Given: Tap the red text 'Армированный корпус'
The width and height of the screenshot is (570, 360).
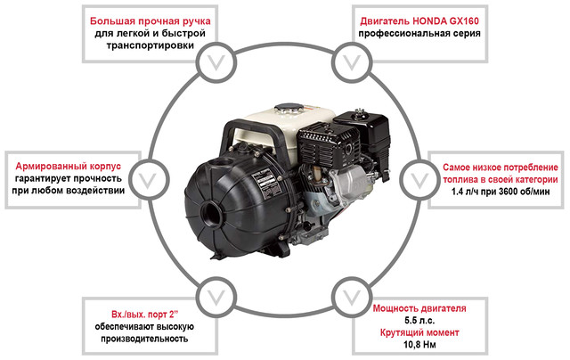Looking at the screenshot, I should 75,166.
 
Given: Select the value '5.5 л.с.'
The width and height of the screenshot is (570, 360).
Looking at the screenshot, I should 418,319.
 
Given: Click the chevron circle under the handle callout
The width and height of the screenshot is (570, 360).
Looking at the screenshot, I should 214,62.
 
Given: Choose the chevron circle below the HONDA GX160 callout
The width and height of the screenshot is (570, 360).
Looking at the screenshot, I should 354,62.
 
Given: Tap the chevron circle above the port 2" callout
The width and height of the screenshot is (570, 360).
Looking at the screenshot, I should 214,293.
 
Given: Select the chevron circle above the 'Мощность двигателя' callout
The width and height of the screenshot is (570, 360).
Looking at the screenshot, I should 354,293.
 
